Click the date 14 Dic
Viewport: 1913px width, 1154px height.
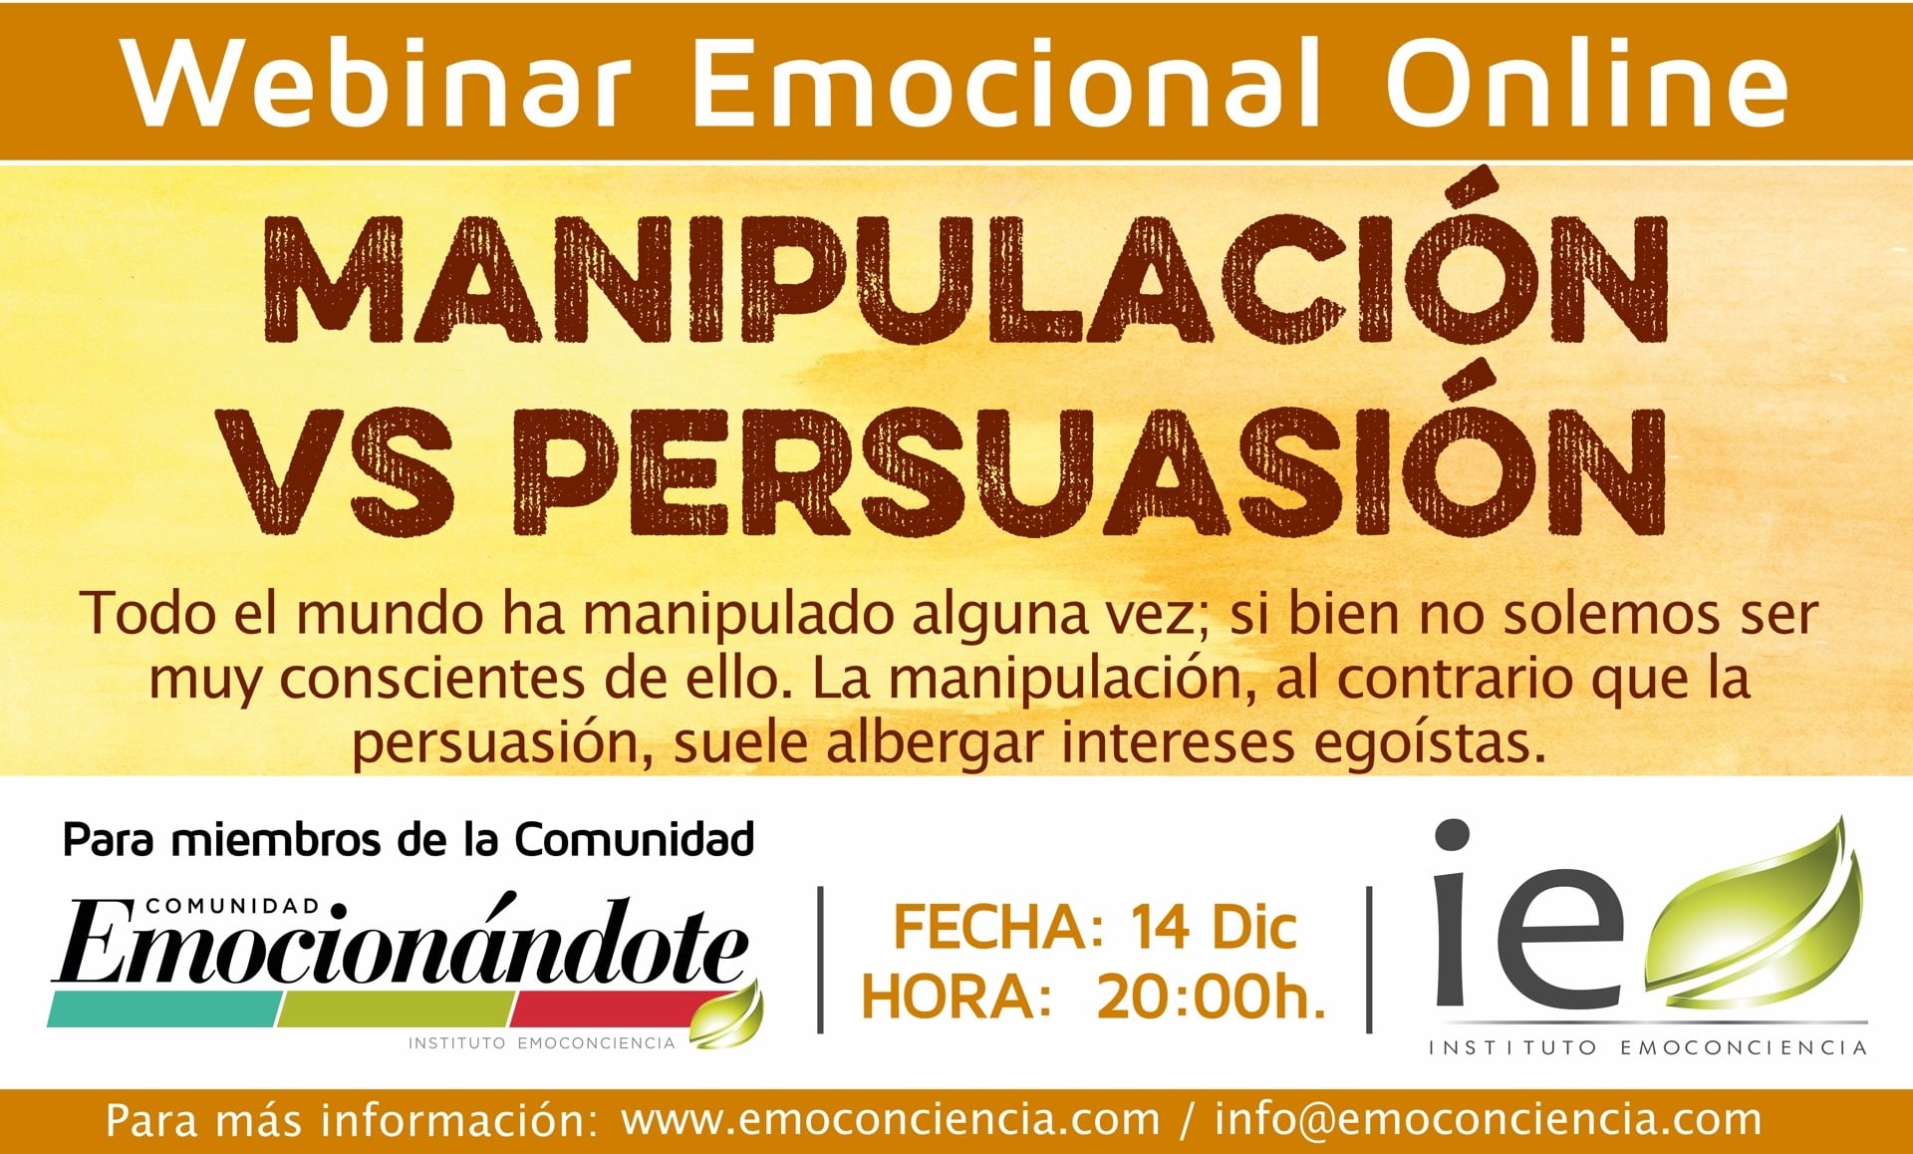pos(1214,928)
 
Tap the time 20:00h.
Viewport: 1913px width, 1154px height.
pos(1212,997)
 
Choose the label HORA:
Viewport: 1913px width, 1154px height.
pos(956,997)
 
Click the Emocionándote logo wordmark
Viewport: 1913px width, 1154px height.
pos(404,941)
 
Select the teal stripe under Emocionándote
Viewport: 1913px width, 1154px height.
pos(165,1010)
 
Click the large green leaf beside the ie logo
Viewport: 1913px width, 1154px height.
pos(1754,912)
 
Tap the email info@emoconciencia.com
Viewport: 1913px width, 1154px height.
pos(1488,1119)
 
